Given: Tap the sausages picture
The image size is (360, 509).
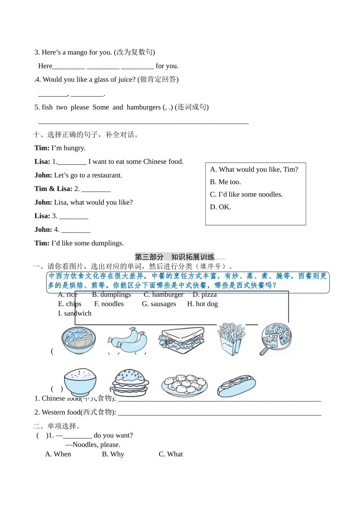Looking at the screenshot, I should tap(127, 340).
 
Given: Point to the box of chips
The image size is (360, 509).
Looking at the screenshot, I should tap(231, 339).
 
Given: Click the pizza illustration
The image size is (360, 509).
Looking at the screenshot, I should tap(276, 338).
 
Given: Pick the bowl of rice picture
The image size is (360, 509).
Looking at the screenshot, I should tap(80, 381).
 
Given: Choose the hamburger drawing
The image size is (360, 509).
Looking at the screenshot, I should tap(131, 382).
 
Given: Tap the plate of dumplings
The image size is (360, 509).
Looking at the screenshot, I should tap(185, 384).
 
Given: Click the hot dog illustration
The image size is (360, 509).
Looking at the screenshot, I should tap(236, 386).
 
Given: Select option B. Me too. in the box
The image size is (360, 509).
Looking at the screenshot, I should tap(225, 182).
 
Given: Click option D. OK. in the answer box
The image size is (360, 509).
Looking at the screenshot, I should tap(221, 207).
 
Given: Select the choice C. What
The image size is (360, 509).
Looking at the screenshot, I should tap(171, 454).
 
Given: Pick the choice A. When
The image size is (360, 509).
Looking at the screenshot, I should tap(58, 454).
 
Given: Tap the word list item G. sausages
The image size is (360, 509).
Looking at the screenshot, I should tap(159, 304).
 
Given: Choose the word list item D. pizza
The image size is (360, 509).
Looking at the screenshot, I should tap(205, 295).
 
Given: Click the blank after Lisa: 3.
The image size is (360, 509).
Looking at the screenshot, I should tap(74, 216).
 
